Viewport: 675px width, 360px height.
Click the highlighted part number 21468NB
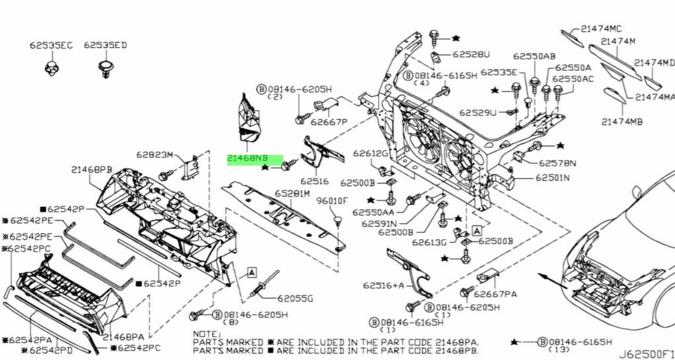247,158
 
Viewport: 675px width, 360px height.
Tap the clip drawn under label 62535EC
52,68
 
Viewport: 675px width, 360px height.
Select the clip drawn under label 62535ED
106,69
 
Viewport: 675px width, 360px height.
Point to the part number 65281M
292,193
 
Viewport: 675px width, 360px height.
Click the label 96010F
332,201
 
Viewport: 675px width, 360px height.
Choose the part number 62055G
295,298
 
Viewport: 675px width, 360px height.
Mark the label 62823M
155,155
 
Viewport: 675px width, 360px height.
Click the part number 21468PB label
91,170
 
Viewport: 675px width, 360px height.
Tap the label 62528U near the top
471,54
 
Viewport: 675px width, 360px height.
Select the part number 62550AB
534,56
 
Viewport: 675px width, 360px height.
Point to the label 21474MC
601,29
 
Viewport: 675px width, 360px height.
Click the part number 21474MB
622,122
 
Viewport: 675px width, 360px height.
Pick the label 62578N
558,163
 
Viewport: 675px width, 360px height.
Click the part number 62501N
553,178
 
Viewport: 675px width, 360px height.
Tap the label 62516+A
383,285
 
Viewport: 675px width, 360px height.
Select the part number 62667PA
495,294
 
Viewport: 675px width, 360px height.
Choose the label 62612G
370,154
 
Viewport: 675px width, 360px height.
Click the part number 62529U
478,113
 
